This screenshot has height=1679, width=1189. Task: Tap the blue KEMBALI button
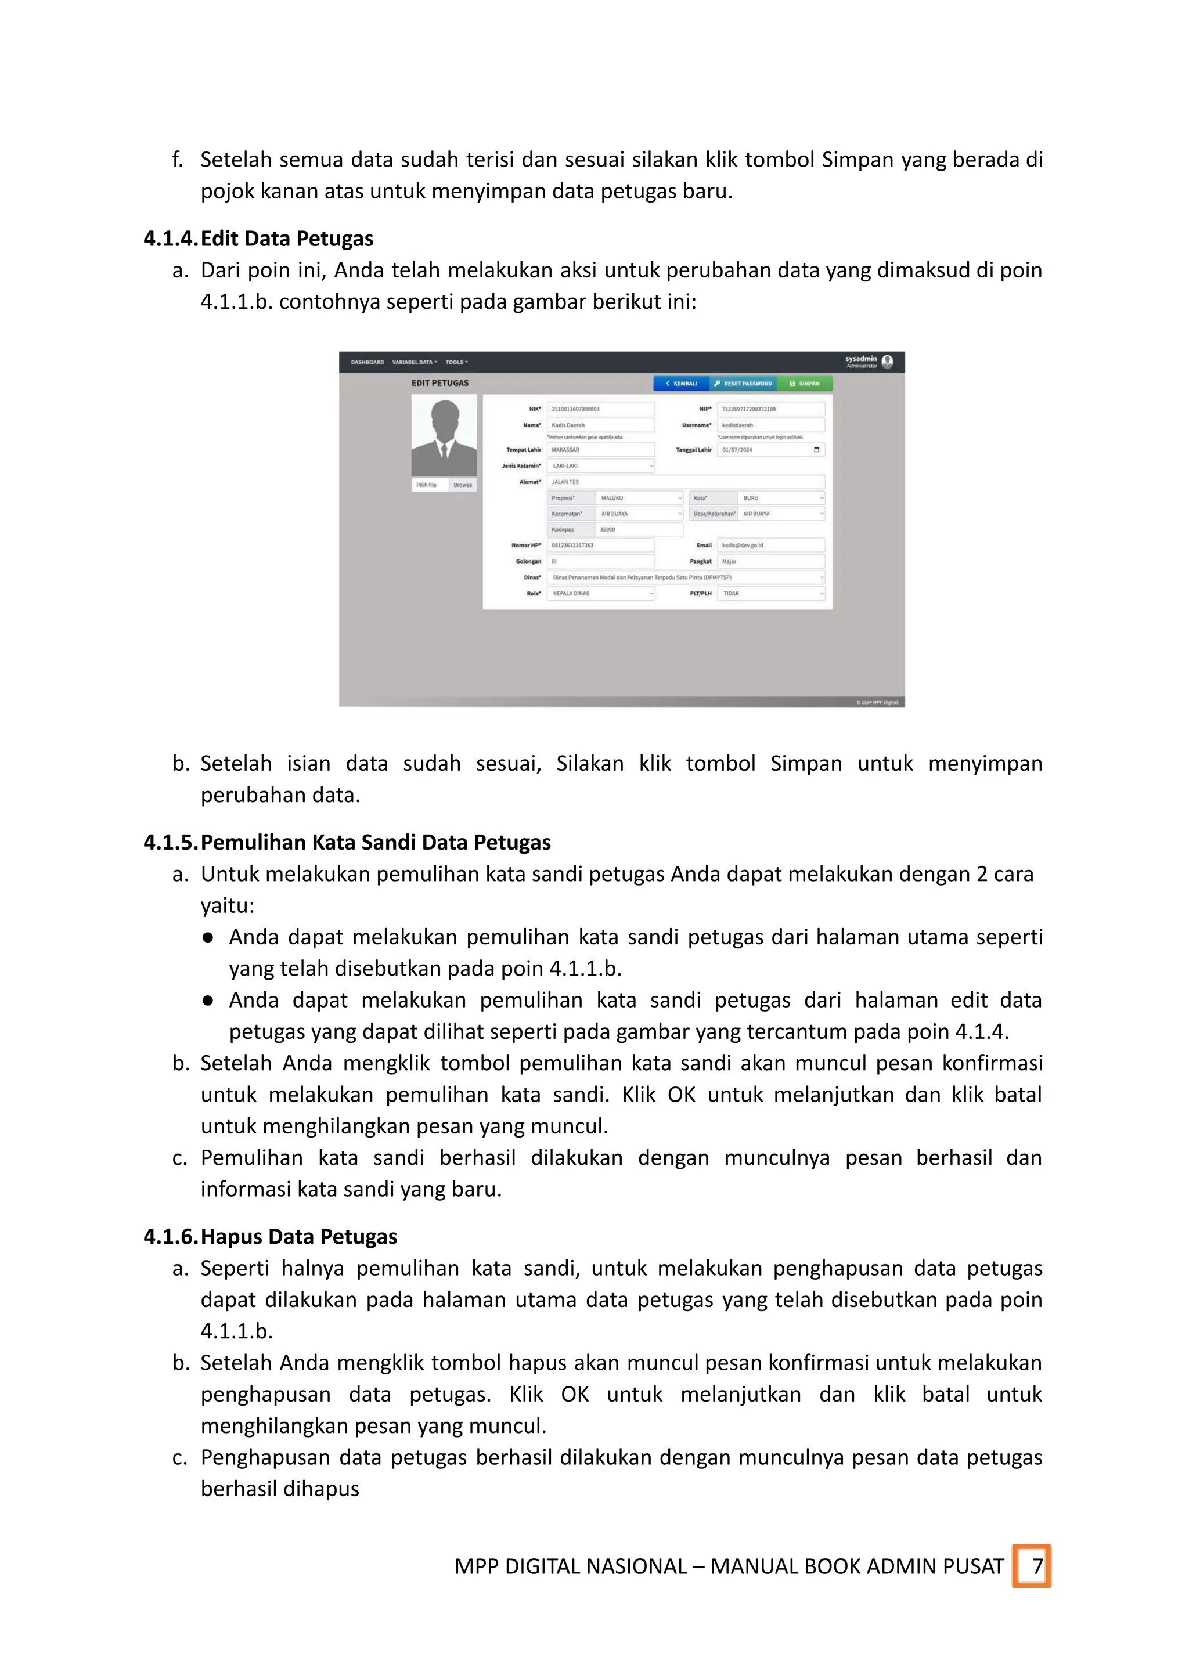coord(681,384)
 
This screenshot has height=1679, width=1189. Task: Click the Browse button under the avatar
coord(463,485)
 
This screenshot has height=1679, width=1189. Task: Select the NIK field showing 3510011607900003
coord(600,409)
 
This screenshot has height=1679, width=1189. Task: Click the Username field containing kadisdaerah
coord(771,425)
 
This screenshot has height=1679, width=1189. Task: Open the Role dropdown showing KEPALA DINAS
coord(600,594)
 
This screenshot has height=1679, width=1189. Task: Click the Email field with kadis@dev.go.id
coord(771,546)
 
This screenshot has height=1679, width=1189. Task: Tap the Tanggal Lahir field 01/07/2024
coord(771,450)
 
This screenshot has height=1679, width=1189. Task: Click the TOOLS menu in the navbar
coord(456,362)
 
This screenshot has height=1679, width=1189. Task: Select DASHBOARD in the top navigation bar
coord(367,362)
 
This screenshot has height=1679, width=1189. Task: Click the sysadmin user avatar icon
coord(887,362)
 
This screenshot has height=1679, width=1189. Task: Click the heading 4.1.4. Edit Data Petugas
coord(258,239)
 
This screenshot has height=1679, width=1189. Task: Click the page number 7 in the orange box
coord(1037,1566)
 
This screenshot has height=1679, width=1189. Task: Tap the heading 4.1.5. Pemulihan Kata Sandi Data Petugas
coord(347,843)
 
